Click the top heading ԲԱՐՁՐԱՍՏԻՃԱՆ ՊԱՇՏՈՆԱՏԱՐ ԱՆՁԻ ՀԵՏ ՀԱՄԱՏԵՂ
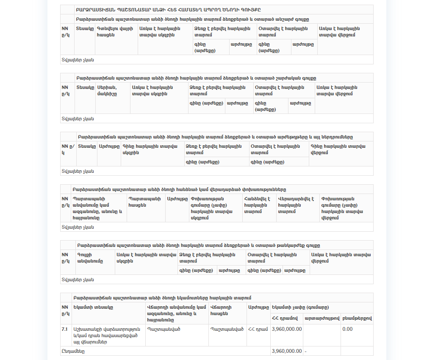168,9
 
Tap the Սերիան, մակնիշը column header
107,90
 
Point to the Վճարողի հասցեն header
223,310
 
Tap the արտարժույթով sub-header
322,318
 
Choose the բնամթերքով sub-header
357,318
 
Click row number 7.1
65,329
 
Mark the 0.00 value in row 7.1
347,329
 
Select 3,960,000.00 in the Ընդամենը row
287,351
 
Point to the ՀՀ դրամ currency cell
258,329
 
